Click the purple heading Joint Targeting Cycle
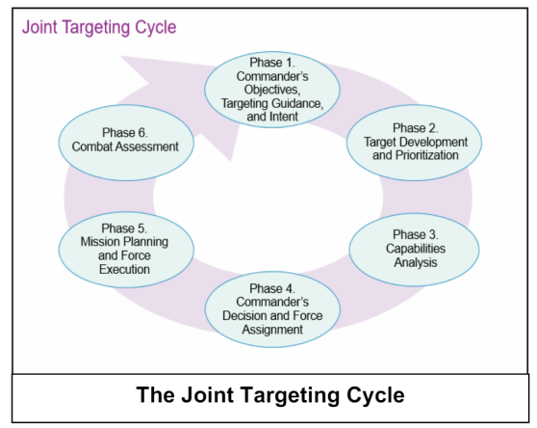99,27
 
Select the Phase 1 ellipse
272,90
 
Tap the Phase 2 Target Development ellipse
414,143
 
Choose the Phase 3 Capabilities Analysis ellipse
415,250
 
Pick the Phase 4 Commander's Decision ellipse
272,309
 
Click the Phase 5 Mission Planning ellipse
126,250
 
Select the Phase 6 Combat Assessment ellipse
126,143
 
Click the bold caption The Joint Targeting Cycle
270,395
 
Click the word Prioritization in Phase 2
427,155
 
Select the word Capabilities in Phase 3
416,249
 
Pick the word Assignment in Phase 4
272,330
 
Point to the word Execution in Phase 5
124,269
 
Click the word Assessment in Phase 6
147,147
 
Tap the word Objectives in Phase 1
272,90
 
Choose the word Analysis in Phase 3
416,263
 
